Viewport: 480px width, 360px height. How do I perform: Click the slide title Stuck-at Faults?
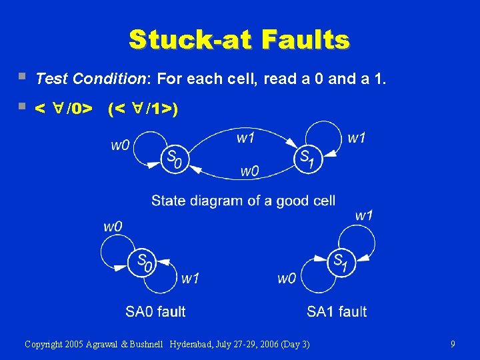pyautogui.click(x=239, y=39)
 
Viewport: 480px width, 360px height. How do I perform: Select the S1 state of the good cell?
pyautogui.click(x=307, y=159)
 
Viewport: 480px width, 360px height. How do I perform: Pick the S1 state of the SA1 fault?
pyautogui.click(x=341, y=262)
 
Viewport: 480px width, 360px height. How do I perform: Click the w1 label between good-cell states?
pyautogui.click(x=245, y=137)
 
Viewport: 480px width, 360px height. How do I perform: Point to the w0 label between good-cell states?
pyautogui.click(x=249, y=171)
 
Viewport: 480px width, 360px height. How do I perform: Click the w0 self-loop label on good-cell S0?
pyautogui.click(x=120, y=145)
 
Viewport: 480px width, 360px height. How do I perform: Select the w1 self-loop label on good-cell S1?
pyautogui.click(x=357, y=137)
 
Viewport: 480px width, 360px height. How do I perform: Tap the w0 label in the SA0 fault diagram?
pyautogui.click(x=113, y=226)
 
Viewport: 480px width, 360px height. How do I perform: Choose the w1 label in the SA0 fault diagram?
pyautogui.click(x=191, y=278)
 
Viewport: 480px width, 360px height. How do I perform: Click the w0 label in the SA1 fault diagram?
pyautogui.click(x=287, y=278)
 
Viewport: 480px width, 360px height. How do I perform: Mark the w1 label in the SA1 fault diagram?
pyautogui.click(x=364, y=215)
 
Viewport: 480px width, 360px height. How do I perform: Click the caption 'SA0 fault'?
pyautogui.click(x=155, y=311)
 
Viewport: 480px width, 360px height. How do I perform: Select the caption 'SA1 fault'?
pyautogui.click(x=337, y=311)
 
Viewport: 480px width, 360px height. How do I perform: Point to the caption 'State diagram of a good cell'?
pyautogui.click(x=243, y=200)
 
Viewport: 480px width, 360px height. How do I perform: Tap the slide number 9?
pyautogui.click(x=453, y=344)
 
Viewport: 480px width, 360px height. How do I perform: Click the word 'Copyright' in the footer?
pyautogui.click(x=45, y=344)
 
